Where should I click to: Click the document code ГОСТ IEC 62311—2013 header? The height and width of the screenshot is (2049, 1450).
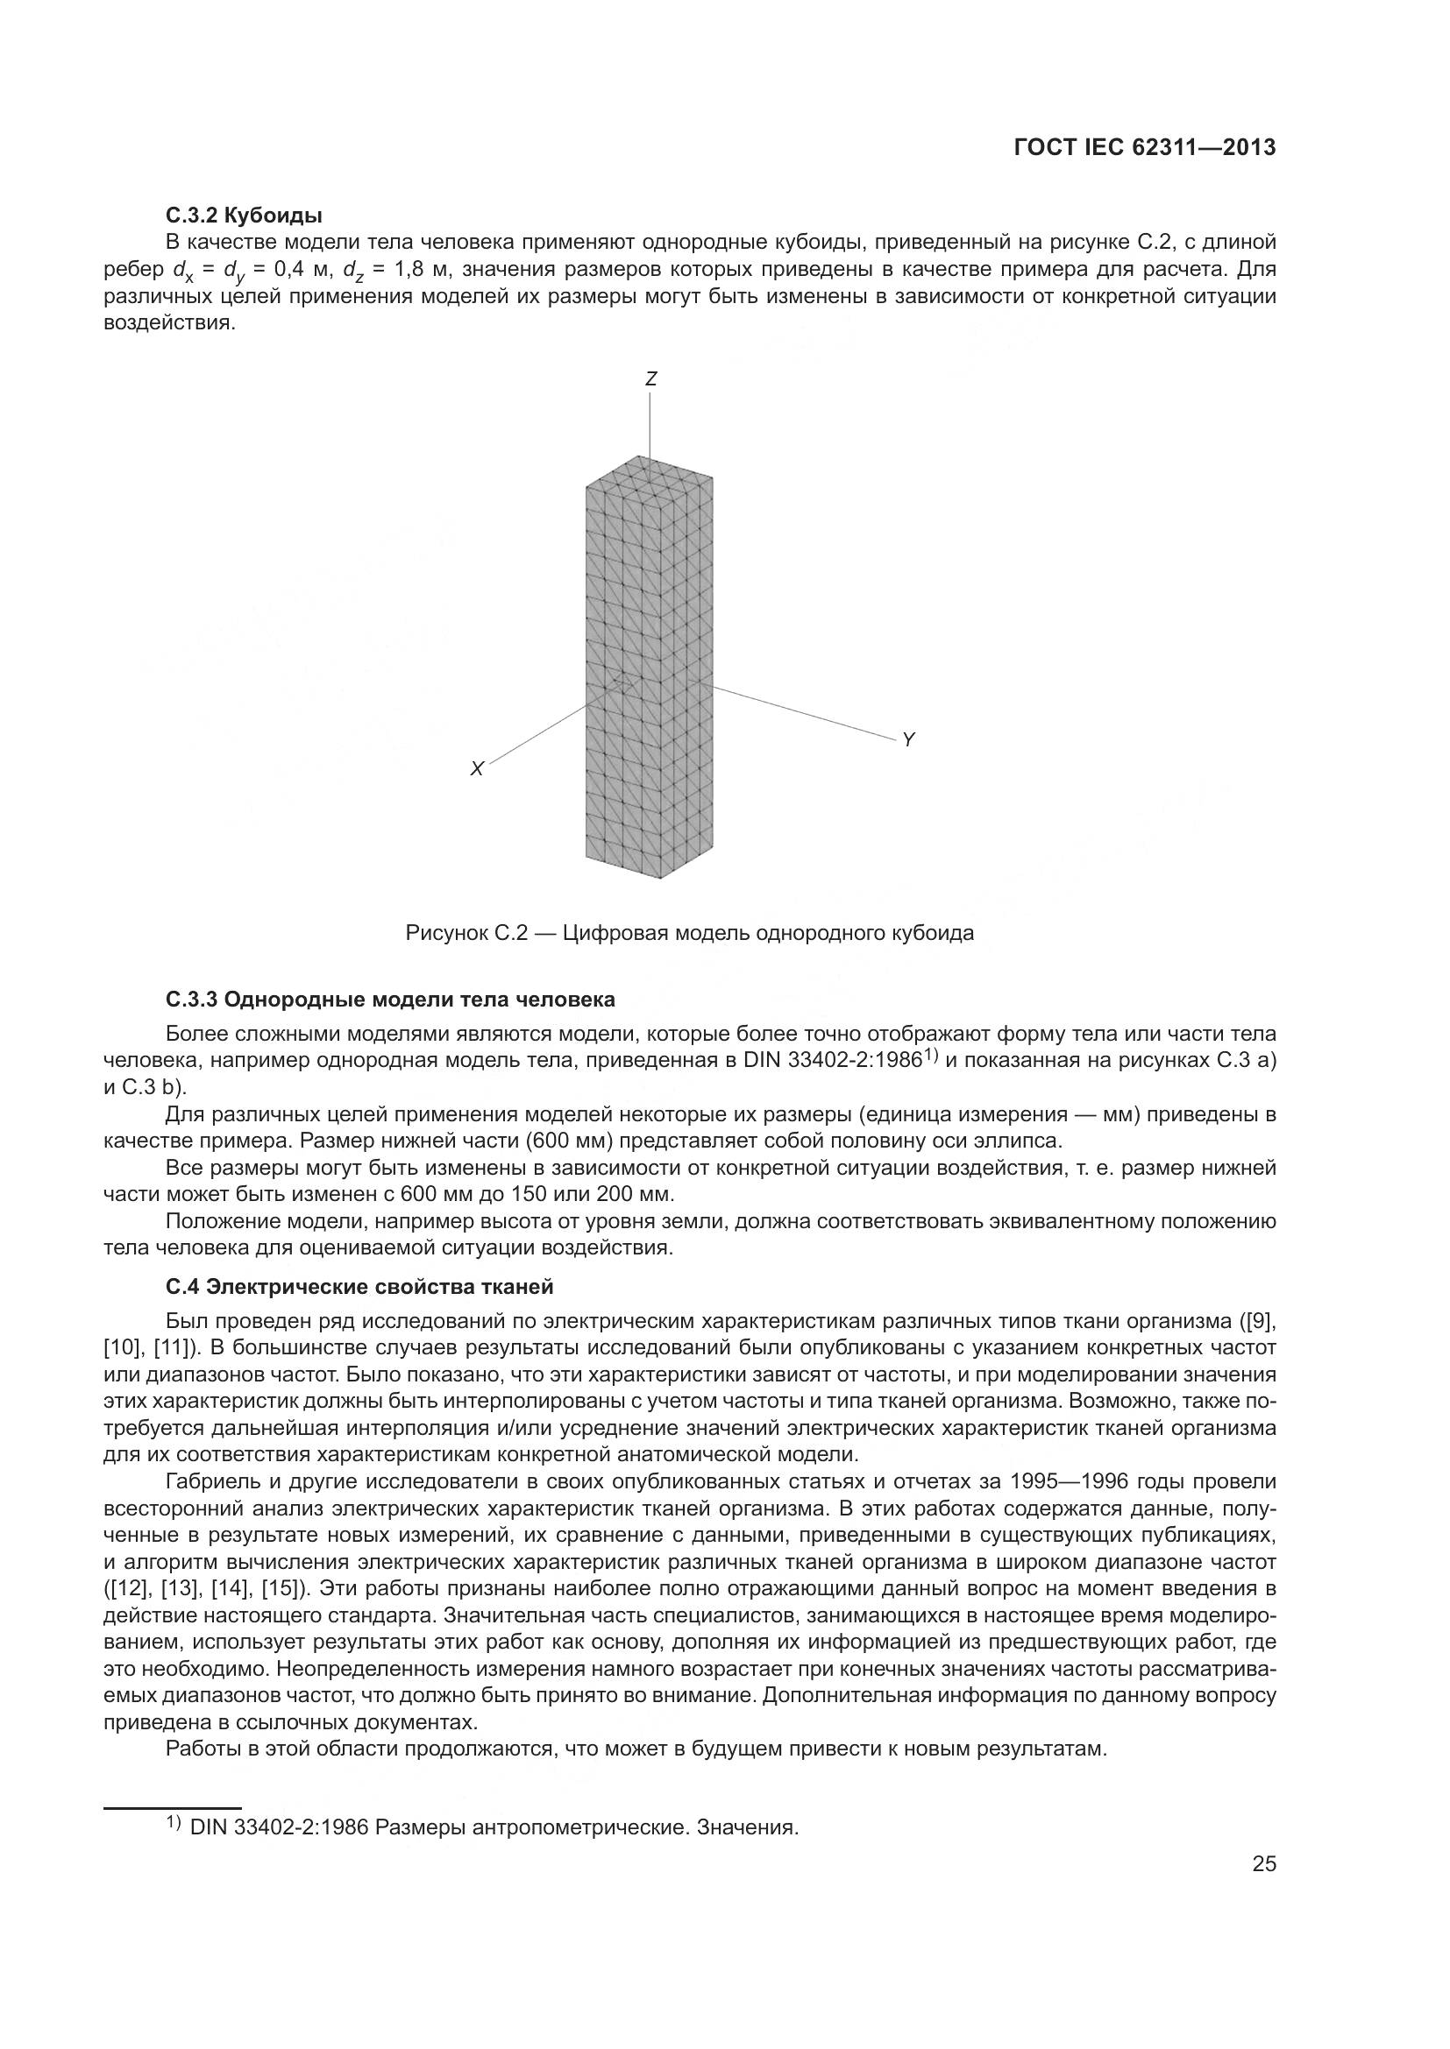coord(1145,148)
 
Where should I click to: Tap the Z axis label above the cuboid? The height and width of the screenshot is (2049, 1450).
coord(650,379)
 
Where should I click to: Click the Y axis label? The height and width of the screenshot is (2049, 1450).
coord(908,740)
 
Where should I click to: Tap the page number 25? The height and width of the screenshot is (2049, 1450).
coord(1263,1863)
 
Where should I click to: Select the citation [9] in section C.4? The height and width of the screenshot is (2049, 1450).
coord(1258,1321)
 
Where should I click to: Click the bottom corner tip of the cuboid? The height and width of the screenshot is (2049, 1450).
coord(660,878)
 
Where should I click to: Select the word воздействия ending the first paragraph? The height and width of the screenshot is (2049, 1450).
coord(170,323)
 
